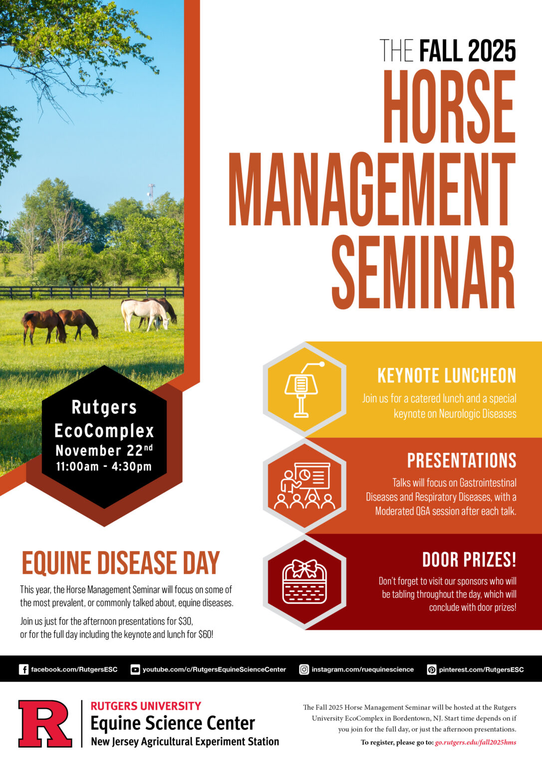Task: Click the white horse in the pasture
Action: point(144,313)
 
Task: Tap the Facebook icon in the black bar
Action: point(23,669)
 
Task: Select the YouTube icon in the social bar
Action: point(135,669)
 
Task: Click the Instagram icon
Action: point(304,669)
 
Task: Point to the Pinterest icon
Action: point(432,669)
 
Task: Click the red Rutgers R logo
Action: point(45,724)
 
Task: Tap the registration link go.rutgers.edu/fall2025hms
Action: point(475,742)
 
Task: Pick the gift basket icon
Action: point(304,582)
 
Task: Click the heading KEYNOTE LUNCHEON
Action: point(447,376)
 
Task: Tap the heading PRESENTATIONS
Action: point(462,460)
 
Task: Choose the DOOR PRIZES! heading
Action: point(469,560)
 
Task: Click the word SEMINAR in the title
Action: point(423,272)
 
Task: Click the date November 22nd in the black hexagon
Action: point(104,450)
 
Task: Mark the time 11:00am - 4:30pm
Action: point(104,467)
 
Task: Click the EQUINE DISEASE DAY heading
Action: point(120,563)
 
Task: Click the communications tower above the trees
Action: point(151,192)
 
